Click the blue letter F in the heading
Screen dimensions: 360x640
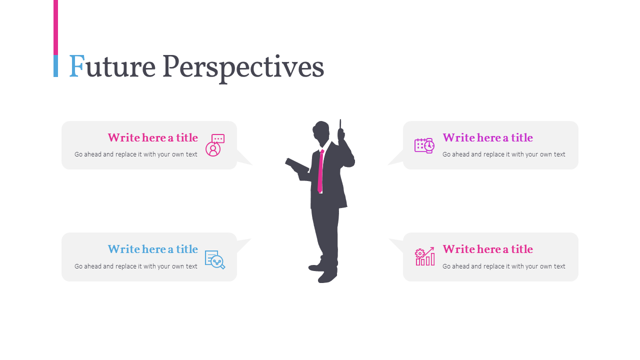(x=76, y=66)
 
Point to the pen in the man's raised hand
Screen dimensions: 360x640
(x=340, y=124)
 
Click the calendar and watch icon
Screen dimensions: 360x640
(x=424, y=145)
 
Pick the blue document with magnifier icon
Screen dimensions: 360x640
(x=215, y=259)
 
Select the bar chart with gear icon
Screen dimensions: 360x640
(x=424, y=256)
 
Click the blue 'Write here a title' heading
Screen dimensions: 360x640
(x=152, y=249)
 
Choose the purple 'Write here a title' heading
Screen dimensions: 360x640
(x=487, y=137)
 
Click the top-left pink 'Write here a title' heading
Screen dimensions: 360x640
(x=152, y=137)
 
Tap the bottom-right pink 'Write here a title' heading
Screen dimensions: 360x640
(x=487, y=249)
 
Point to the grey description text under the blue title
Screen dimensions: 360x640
(x=136, y=266)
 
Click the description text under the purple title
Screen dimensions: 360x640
(x=503, y=154)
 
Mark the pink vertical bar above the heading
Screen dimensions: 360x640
(x=55, y=27)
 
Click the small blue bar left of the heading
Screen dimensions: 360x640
(x=55, y=66)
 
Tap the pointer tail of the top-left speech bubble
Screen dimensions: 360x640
(x=244, y=158)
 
